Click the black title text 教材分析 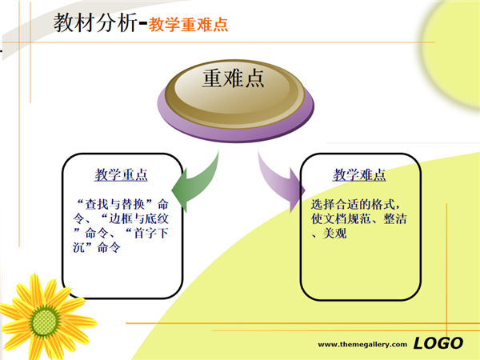coord(95,22)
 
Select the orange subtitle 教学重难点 coord(188,25)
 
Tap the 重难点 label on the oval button coord(234,78)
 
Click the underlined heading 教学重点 coord(122,174)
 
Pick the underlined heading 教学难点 coord(359,174)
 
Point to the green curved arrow coord(199,184)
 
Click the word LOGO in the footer coord(438,343)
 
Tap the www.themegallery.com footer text coord(362,344)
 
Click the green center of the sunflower coord(45,322)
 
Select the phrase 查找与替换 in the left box coord(114,204)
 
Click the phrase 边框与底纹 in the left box coord(138,218)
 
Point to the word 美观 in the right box coord(335,234)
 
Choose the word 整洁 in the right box coord(395,218)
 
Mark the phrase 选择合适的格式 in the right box coord(353,204)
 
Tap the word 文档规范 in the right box coord(347,218)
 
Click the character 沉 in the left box coord(78,247)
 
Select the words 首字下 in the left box coord(151,234)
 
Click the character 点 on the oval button coord(254,78)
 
